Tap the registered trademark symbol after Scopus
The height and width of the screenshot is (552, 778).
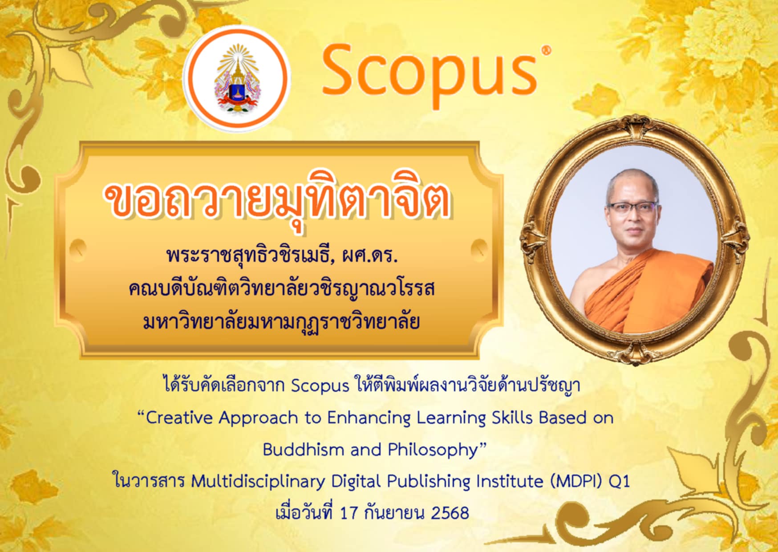pos(547,50)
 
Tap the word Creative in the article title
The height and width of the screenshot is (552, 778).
pos(178,418)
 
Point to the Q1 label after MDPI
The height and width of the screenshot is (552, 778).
pos(619,482)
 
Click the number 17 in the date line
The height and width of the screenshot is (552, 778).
pos(349,513)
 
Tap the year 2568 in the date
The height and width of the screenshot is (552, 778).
pos(450,513)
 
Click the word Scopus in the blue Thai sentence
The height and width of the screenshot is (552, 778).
pos(320,386)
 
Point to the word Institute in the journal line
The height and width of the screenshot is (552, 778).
pos(510,481)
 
